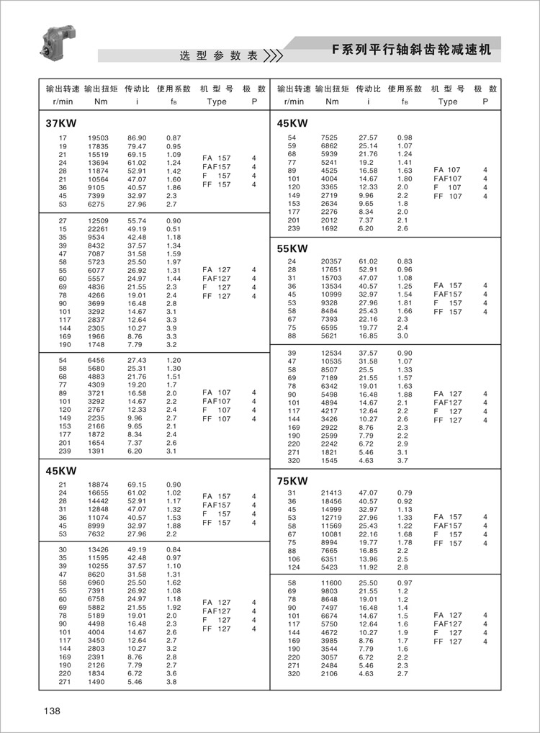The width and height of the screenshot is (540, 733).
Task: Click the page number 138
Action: [x=52, y=711]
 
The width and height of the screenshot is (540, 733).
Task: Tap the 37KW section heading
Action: [x=61, y=123]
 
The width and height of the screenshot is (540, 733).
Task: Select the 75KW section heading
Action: [x=292, y=481]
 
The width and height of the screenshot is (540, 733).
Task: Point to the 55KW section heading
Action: [x=292, y=248]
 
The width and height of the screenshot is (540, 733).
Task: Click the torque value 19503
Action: [x=99, y=138]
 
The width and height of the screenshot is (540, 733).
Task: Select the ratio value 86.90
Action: [x=137, y=138]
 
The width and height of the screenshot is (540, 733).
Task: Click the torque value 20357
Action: [x=330, y=261]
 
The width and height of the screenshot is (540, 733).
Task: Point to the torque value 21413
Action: [x=330, y=493]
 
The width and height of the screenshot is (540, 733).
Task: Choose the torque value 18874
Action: [x=99, y=485]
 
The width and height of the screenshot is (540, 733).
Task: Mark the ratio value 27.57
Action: [x=368, y=138]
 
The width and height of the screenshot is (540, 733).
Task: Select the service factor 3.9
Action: [x=172, y=328]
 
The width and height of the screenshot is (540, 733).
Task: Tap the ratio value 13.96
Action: [x=368, y=558]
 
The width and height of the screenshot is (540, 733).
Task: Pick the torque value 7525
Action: [x=329, y=138]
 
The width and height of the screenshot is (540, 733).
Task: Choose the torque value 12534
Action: [x=330, y=353]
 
